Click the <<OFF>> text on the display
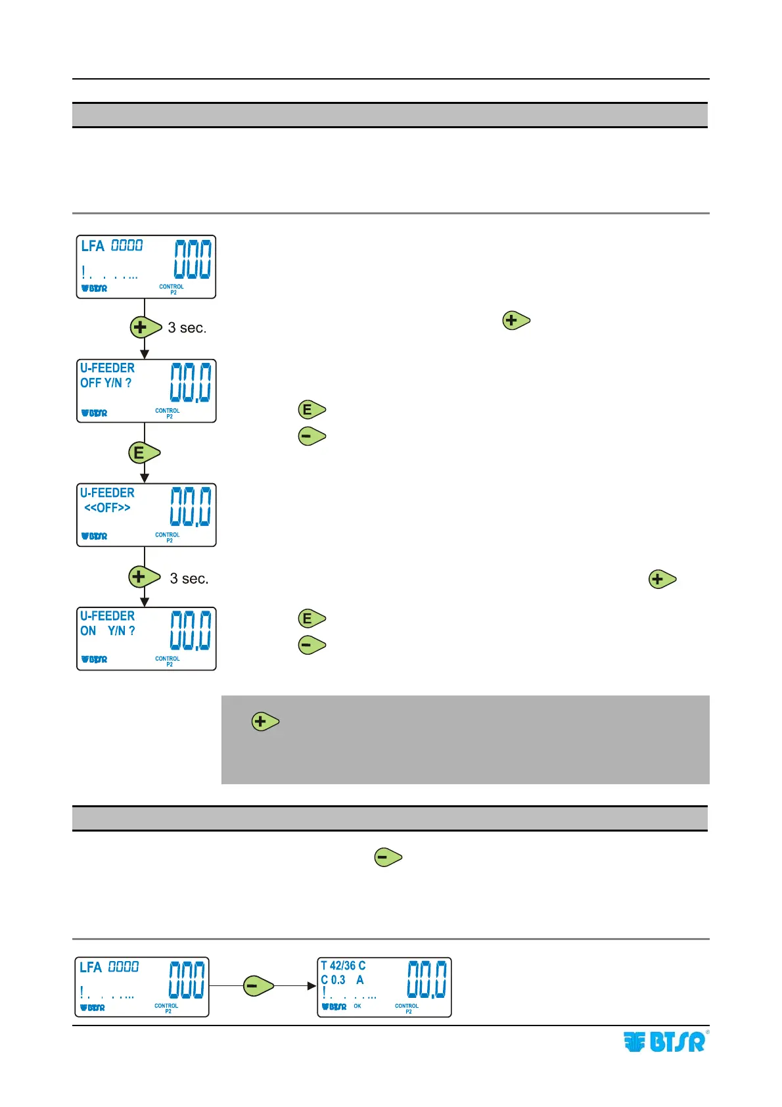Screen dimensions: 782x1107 coord(107,508)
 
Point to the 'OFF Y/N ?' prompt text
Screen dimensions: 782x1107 coord(106,383)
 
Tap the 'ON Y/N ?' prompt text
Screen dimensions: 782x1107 coord(108,631)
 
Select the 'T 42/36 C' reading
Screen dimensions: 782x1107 coord(343,966)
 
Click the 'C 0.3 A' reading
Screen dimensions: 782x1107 coord(342,980)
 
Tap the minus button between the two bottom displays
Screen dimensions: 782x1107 coord(258,986)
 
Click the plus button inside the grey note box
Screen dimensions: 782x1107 coord(265,722)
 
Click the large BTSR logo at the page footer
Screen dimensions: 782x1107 coord(665,1043)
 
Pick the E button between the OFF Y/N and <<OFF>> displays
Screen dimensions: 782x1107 coord(143,453)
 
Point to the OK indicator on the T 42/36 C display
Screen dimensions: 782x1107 coord(357,1006)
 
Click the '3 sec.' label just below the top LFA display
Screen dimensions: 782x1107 coord(187,328)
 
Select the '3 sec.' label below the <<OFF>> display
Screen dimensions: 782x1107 coord(189,579)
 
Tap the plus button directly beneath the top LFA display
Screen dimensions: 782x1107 coord(145,327)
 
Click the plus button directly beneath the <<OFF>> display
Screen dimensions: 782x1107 coord(143,577)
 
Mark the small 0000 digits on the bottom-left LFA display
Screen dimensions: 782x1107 coord(124,967)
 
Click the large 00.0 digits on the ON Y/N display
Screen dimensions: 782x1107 coord(191,630)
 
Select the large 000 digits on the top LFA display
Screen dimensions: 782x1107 coord(193,259)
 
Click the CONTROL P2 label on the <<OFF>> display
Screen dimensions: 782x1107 coord(168,538)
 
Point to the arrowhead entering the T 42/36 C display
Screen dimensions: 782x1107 coord(312,986)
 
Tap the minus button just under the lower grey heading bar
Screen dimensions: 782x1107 coord(388,857)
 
